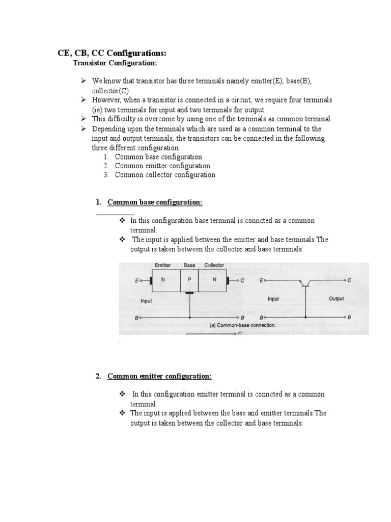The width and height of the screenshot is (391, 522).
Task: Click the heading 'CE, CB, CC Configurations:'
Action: [x=111, y=54]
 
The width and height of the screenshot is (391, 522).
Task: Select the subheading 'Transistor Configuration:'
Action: [x=115, y=63]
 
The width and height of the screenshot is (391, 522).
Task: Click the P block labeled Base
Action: [x=189, y=280]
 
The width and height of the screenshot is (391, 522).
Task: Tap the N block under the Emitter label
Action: [x=163, y=280]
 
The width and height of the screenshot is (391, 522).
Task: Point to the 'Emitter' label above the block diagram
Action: [x=162, y=266]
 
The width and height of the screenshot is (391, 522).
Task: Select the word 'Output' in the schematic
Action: [x=336, y=299]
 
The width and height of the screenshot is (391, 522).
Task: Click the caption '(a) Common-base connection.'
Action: [x=242, y=324]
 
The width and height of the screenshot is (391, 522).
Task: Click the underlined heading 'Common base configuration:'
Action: [x=155, y=202]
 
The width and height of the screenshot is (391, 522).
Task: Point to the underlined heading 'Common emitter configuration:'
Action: [x=159, y=376]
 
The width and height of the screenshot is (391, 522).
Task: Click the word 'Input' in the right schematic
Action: [x=273, y=299]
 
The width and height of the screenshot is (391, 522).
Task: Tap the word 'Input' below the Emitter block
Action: [x=146, y=301]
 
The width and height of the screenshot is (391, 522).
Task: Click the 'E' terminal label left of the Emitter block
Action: [x=136, y=280]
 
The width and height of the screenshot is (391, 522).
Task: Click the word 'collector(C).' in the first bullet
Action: [x=107, y=90]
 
